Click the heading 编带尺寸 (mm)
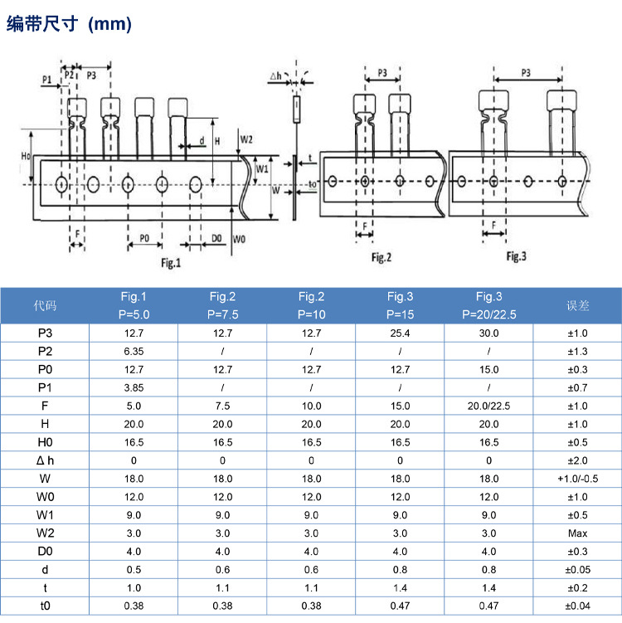(70, 25)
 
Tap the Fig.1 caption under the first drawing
(170, 263)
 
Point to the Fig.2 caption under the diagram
(381, 258)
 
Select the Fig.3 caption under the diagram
(516, 256)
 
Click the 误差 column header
(577, 305)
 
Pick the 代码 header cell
(45, 305)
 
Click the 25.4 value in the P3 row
(400, 333)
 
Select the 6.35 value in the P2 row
(134, 351)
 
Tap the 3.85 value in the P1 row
(134, 387)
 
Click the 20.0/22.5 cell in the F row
(488, 406)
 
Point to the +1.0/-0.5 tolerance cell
(577, 479)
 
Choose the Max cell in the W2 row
(577, 533)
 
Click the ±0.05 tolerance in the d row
(577, 570)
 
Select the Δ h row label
(45, 460)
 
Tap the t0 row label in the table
(45, 606)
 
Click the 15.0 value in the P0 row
(488, 369)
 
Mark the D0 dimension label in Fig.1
(216, 238)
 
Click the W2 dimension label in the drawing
(246, 139)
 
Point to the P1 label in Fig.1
(47, 79)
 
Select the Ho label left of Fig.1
(26, 155)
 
